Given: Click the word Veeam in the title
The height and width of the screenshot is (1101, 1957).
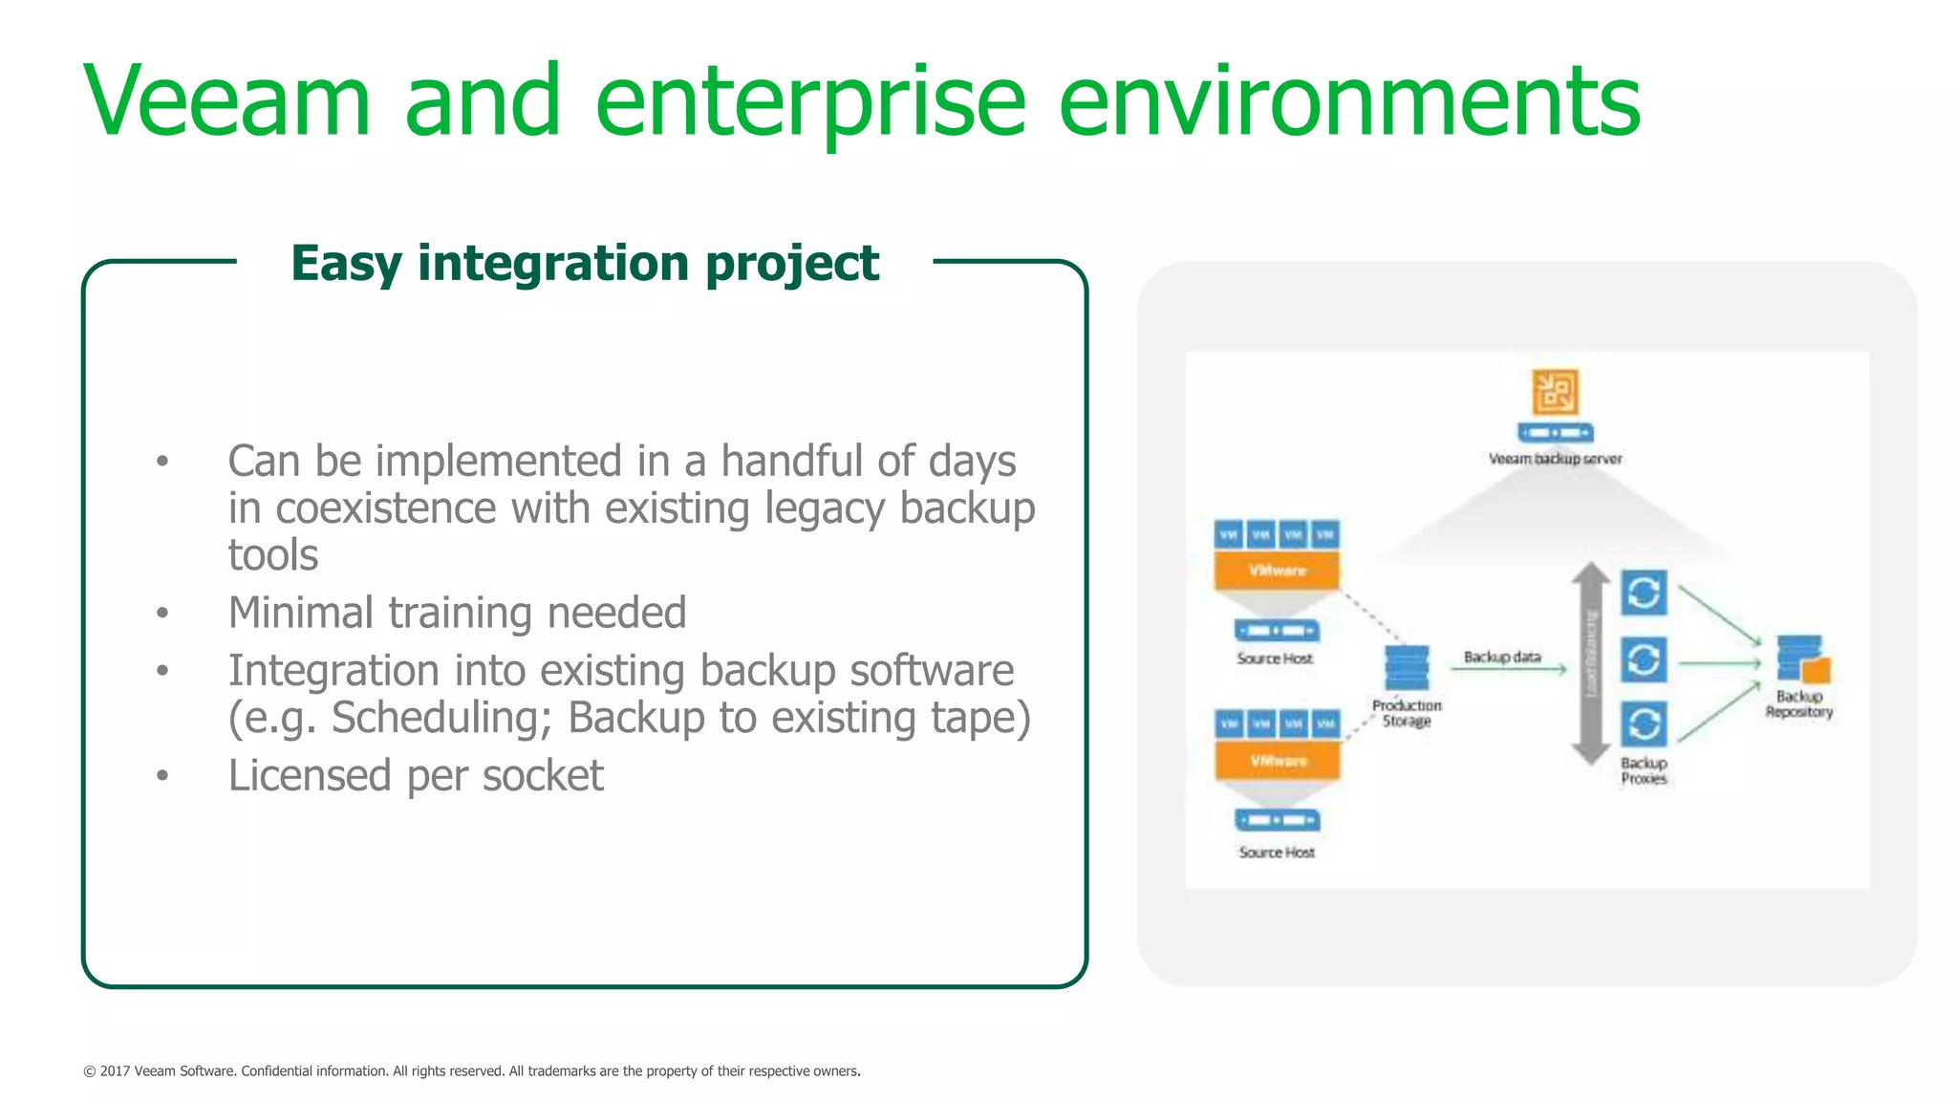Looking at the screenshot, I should [227, 101].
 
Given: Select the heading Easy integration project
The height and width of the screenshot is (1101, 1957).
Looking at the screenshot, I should [584, 263].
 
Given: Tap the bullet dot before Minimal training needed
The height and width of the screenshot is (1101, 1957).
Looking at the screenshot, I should [162, 613].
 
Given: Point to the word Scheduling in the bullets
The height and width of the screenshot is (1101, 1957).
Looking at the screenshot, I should [441, 718].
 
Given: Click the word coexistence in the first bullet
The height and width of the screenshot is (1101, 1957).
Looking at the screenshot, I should [385, 508].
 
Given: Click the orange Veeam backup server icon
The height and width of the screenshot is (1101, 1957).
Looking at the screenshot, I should [1555, 392].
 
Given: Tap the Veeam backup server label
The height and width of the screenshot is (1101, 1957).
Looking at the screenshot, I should [1555, 459].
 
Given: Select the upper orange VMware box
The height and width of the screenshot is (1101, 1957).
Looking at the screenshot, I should [1277, 571].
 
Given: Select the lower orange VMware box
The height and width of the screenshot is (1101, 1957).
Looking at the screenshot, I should [1278, 762].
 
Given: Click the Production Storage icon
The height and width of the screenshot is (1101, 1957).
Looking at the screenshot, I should [1407, 667].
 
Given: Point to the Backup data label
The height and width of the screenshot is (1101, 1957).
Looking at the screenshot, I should [1502, 657].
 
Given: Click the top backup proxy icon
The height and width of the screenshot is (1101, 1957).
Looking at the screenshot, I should [1644, 594].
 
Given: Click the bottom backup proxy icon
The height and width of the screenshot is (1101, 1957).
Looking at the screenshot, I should [1644, 724].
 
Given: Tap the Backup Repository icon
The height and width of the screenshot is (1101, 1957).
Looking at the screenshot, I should [1802, 659].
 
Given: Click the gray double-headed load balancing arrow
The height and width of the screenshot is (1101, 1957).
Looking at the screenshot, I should [1591, 664].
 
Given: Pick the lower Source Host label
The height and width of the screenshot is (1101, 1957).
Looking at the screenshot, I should [1277, 852].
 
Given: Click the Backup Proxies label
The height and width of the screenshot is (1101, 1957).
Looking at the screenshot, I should [1644, 770].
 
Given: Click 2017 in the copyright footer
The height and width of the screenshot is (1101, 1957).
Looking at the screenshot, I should [115, 1071].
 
